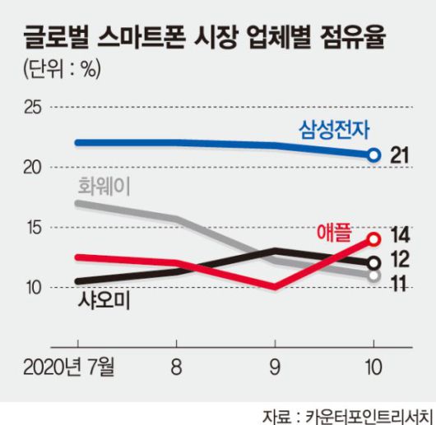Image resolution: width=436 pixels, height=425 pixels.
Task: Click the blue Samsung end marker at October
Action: pos(373,155)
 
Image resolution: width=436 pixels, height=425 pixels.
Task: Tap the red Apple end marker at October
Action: pos(373,239)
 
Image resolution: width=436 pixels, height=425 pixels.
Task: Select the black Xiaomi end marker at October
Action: pos(373,263)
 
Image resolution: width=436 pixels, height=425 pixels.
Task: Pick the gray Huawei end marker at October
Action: pos(373,276)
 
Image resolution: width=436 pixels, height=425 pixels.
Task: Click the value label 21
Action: pos(401,155)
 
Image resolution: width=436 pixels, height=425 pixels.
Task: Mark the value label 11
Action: pos(400,283)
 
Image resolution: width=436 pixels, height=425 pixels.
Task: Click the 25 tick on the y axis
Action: pos(33,107)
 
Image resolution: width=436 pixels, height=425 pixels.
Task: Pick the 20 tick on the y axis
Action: pos(33,167)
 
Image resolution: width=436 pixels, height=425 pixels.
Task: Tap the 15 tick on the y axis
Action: pos(33,228)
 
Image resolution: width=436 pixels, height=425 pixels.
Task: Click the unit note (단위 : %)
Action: pos(62,70)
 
